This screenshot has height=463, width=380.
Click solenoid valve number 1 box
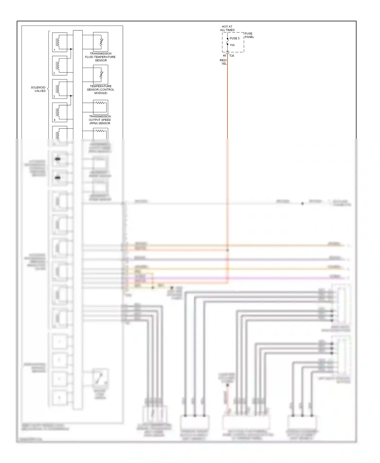pos(60,42)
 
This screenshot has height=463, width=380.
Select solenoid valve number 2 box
pos(60,65)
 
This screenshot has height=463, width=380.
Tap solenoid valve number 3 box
pos(60,89)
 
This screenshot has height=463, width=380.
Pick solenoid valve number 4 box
pos(60,112)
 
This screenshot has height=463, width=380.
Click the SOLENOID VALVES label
pos(38,89)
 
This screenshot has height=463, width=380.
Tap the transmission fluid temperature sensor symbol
pos(101,42)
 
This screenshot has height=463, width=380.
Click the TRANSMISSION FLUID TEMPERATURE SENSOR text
pos(100,57)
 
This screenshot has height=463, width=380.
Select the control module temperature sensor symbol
pos(101,74)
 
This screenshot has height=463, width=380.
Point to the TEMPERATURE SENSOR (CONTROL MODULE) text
pos(101,90)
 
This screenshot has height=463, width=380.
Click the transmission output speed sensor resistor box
pos(101,107)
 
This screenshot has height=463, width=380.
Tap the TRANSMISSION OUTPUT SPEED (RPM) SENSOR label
pos(100,120)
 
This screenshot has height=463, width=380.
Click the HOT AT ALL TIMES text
pos(227,28)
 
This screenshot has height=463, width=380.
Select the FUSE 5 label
pos(235,38)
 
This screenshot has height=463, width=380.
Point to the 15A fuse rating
pos(232,45)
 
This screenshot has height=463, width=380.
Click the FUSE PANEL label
pos(249,35)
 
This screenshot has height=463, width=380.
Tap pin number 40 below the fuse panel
pos(224,56)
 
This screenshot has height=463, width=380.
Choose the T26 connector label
pos(232,56)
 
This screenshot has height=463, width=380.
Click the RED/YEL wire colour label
pos(223,62)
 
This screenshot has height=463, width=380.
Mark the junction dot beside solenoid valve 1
pos(71,49)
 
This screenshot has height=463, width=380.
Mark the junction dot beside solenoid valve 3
pos(71,96)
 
